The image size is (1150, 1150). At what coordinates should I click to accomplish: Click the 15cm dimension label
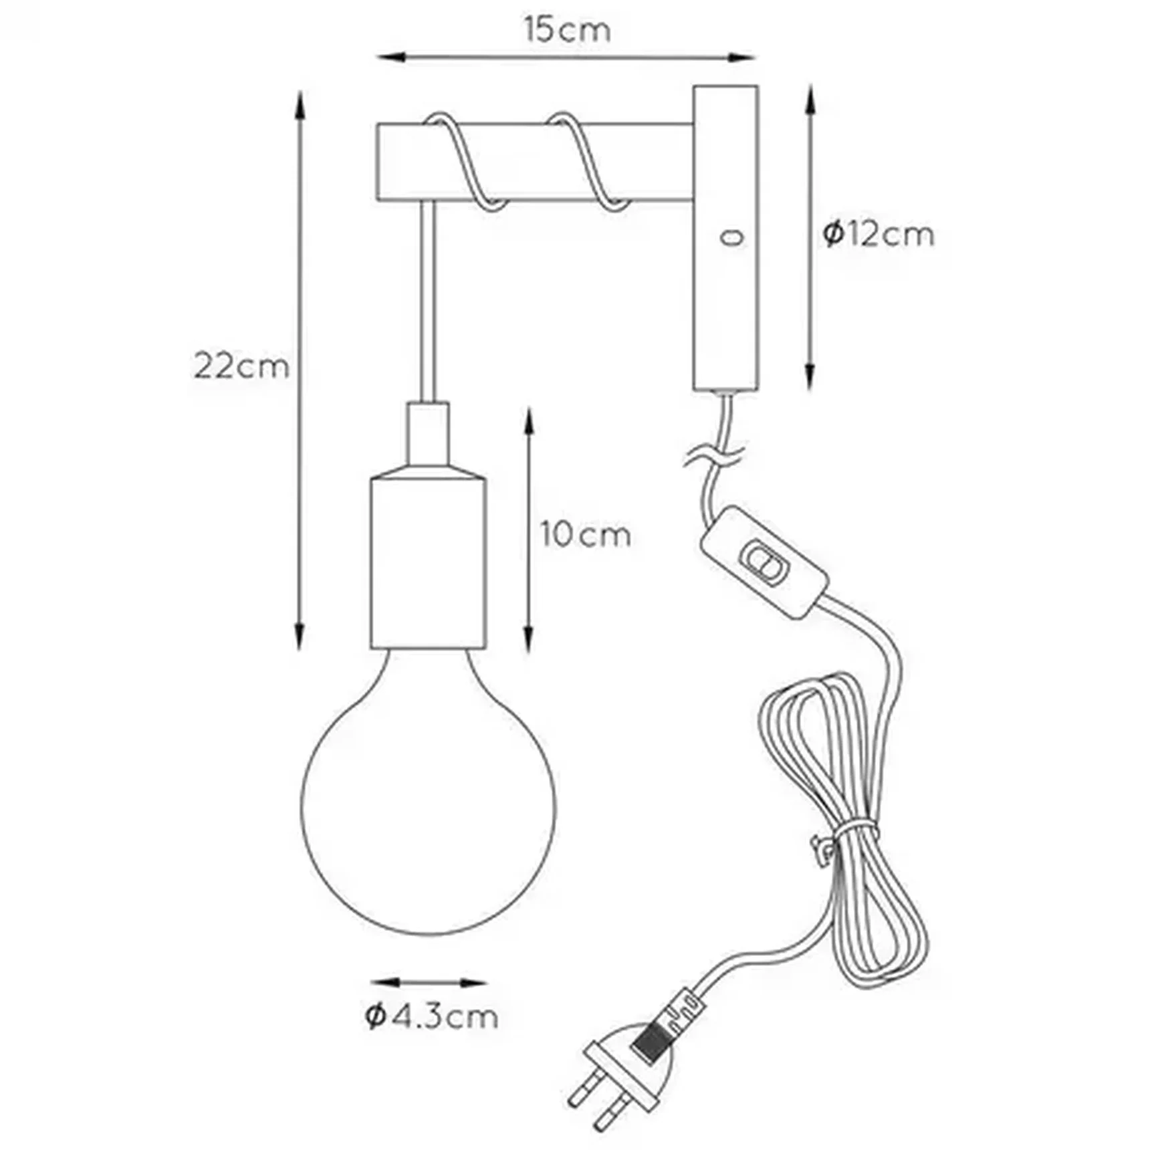(567, 31)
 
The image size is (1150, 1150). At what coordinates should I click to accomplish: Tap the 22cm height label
(241, 366)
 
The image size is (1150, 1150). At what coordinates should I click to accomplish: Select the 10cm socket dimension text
(586, 535)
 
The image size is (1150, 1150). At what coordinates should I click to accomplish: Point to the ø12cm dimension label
(878, 234)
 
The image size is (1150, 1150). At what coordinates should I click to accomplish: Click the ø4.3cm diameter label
(432, 1017)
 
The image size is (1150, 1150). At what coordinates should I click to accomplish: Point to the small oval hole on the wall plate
(731, 237)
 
